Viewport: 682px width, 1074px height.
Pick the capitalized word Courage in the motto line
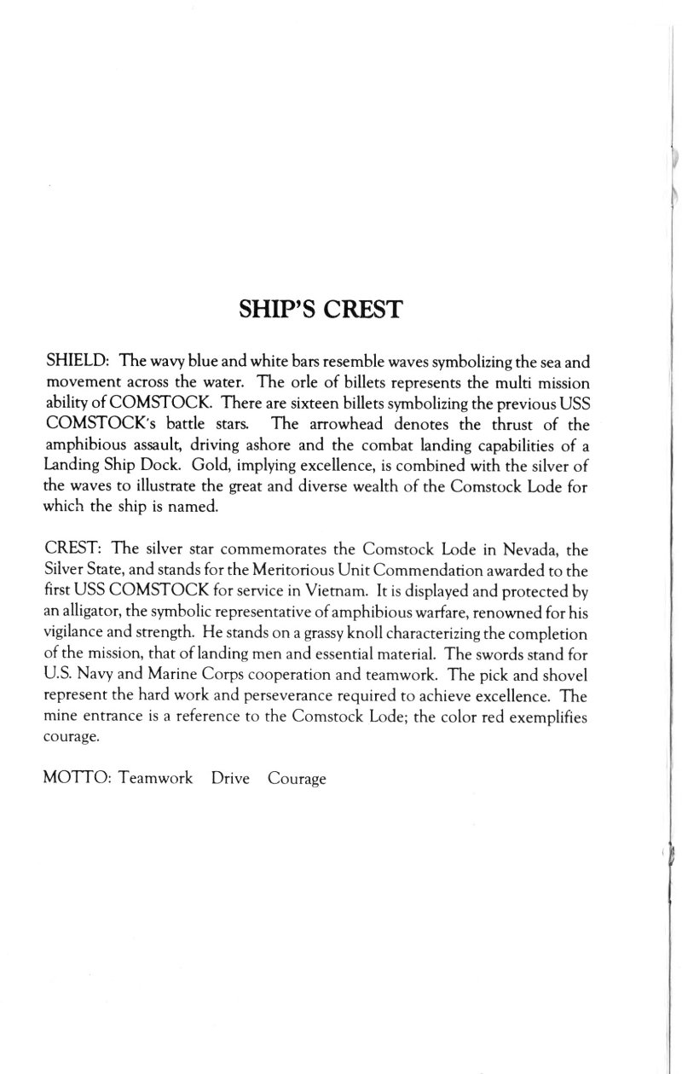pos(297,755)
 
